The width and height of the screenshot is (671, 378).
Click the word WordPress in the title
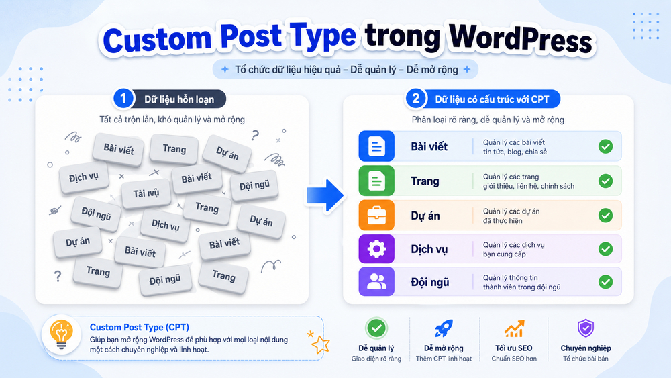point(520,39)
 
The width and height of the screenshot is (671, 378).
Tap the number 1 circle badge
point(123,99)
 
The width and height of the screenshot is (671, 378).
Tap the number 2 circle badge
point(415,99)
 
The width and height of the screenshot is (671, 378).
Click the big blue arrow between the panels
point(325,195)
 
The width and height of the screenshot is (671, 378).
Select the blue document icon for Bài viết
point(376,146)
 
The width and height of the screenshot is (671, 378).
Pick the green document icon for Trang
point(376,181)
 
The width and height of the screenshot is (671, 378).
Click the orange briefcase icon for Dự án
point(376,216)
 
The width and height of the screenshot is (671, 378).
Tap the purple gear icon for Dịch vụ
point(376,249)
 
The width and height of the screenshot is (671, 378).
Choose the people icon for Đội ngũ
point(376,282)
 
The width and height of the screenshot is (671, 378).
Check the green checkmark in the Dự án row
point(605,216)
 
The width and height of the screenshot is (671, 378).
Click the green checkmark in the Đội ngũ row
point(605,282)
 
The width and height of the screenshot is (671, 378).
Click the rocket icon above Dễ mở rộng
point(444,328)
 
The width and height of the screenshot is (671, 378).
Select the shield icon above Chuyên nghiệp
point(586,328)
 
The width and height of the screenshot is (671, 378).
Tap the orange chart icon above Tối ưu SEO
point(514,328)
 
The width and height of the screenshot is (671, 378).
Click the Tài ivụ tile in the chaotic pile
point(146,193)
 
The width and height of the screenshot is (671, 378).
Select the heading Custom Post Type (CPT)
point(140,327)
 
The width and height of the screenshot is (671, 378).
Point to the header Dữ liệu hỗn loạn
point(179,100)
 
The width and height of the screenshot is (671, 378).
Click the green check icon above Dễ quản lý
point(376,328)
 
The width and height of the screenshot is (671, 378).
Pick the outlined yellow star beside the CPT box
point(321,344)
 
